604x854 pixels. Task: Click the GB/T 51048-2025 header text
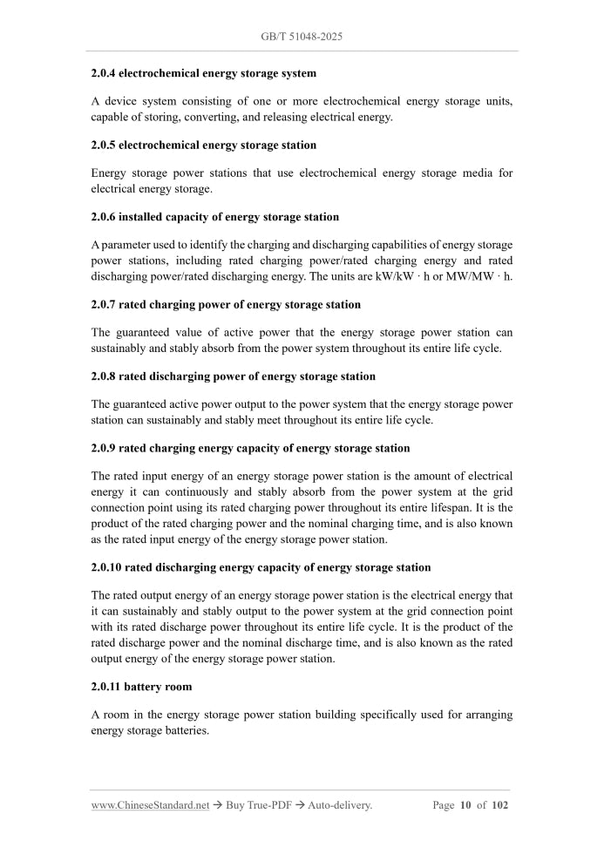tap(302, 37)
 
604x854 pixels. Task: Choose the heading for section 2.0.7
tap(226, 304)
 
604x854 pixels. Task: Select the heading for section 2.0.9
tap(250, 448)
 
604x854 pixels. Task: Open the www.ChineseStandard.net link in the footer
tap(150, 805)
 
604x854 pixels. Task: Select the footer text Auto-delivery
tap(340, 805)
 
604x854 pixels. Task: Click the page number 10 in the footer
tap(465, 805)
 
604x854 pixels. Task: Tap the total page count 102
tap(499, 805)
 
